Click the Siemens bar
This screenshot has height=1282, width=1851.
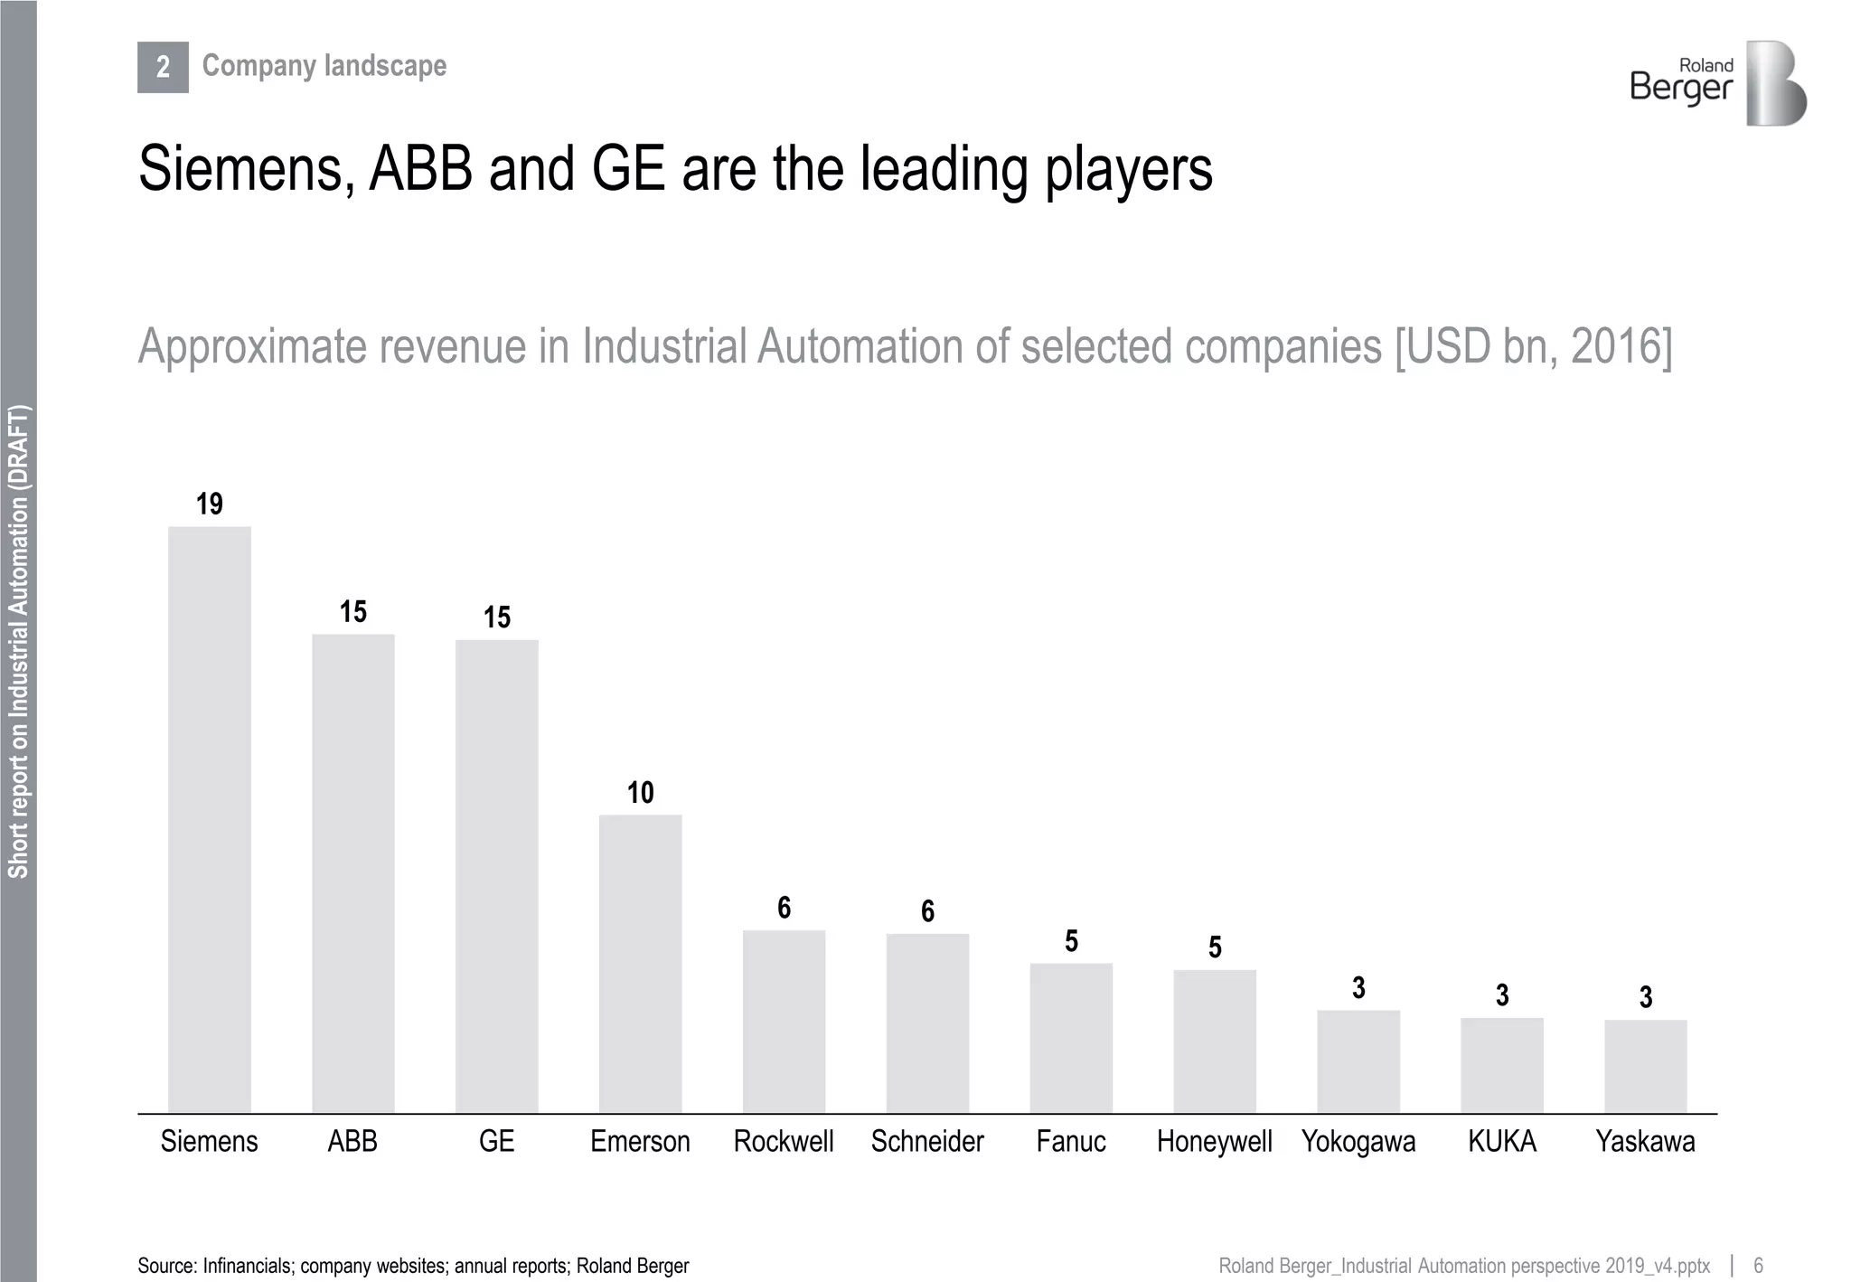[209, 818]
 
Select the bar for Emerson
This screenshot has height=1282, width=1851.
[640, 963]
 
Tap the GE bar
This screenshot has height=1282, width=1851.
[496, 875]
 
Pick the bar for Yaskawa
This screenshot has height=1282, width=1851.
[1645, 1066]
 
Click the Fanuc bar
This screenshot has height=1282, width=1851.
[1071, 1037]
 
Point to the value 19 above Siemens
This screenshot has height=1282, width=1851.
[209, 504]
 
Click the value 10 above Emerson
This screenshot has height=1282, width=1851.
[640, 793]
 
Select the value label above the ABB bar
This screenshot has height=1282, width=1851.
[352, 612]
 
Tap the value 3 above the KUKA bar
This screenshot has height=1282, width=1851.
[1502, 995]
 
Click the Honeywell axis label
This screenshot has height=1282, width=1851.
[1214, 1142]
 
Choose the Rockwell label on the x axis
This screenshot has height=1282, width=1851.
[784, 1142]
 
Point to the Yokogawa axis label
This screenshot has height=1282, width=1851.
[1358, 1142]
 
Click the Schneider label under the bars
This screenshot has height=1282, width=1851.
[927, 1142]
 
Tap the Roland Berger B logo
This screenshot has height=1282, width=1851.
[1775, 83]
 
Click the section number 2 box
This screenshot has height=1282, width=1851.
[163, 67]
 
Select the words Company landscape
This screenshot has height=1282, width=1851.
[324, 65]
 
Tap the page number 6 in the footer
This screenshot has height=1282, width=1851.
[1758, 1265]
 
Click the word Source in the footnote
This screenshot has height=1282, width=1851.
[166, 1266]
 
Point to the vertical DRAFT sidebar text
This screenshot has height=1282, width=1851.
[18, 642]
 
